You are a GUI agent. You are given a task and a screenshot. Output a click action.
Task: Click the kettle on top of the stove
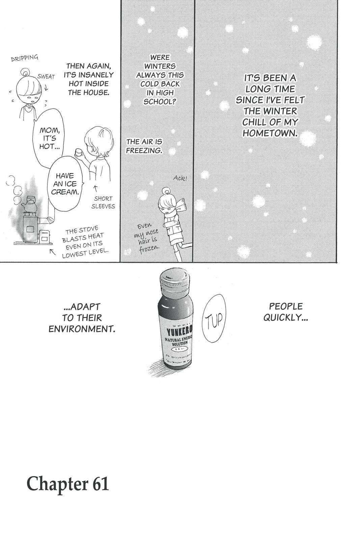(30, 207)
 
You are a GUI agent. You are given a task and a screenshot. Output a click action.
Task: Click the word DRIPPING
(25, 58)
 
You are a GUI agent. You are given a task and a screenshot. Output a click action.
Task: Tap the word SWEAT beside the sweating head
(46, 77)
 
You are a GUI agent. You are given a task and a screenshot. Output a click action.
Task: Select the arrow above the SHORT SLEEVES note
(95, 188)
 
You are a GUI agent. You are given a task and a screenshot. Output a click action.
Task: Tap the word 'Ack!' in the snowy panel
(180, 178)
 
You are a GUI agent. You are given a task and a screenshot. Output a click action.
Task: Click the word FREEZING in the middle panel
(144, 151)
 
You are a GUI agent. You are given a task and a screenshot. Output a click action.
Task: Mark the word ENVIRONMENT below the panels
(82, 329)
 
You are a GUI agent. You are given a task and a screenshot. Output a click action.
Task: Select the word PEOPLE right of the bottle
(285, 306)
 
